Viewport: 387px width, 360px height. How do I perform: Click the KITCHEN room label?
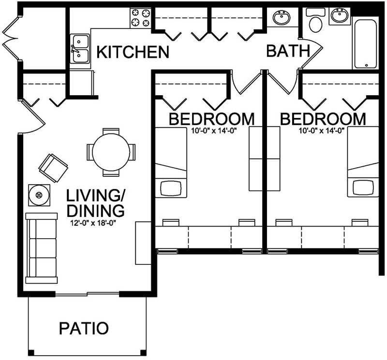(133, 52)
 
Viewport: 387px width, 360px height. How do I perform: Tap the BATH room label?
(288, 50)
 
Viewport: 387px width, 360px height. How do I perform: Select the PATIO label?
(84, 328)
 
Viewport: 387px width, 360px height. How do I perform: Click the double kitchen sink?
(80, 49)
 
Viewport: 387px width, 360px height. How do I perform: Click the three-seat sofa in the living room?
(42, 248)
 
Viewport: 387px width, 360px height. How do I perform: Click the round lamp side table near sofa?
(39, 195)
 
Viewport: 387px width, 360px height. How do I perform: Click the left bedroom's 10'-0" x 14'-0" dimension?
(211, 130)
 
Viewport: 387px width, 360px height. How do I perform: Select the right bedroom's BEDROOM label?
(323, 118)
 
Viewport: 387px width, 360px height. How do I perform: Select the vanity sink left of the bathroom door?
(281, 18)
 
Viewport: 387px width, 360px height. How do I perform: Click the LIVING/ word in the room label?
(96, 196)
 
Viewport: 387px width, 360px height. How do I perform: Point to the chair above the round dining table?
(111, 131)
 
